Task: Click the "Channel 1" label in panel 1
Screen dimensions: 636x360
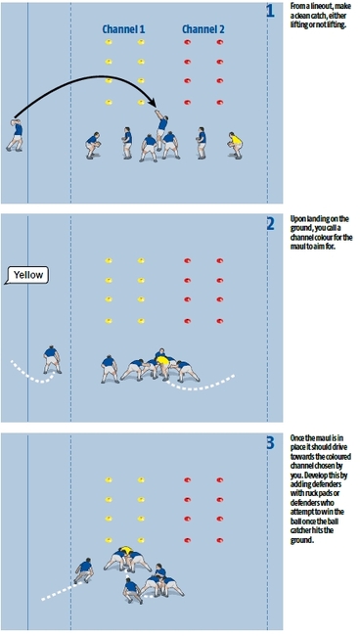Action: tap(124, 30)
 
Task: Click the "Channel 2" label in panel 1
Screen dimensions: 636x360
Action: tap(203, 30)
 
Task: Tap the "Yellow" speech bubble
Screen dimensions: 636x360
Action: tap(27, 275)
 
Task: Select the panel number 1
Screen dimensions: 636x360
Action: tap(270, 12)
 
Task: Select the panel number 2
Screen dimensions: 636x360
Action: tap(270, 224)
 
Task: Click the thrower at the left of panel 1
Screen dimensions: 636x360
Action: tap(16, 134)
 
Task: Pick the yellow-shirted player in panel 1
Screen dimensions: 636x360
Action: tap(235, 143)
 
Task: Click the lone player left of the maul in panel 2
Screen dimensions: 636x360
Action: tap(51, 358)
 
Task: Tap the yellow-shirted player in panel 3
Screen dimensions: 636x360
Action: tap(125, 553)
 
